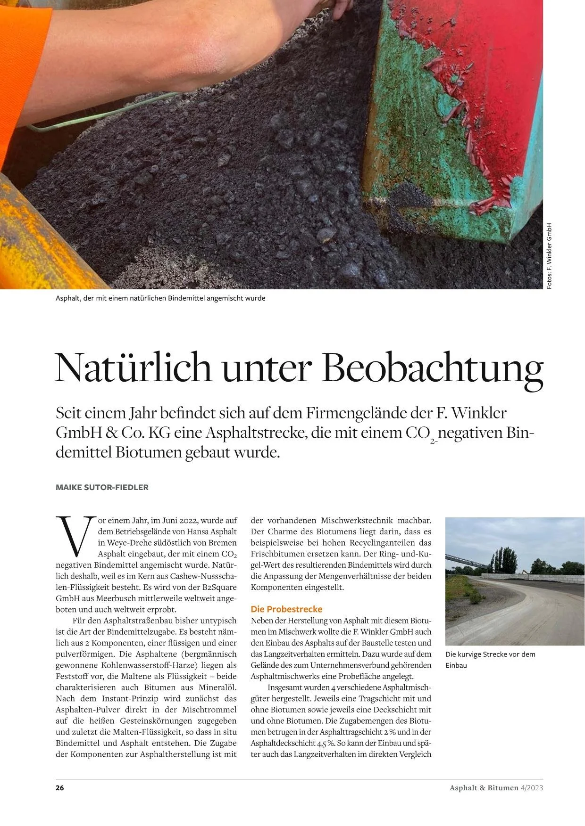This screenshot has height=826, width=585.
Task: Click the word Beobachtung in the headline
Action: coord(434,368)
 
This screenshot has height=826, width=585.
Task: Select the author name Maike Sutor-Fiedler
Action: coord(102,487)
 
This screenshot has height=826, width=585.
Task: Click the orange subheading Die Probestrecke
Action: coord(286,609)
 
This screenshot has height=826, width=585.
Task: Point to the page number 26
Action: coord(60,787)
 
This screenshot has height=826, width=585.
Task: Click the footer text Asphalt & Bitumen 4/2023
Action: coord(496,787)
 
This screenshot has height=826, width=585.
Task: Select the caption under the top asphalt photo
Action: coord(160,298)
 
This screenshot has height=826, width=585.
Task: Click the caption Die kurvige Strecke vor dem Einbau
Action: coord(490,660)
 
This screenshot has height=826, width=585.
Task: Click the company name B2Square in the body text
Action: coord(219,588)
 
